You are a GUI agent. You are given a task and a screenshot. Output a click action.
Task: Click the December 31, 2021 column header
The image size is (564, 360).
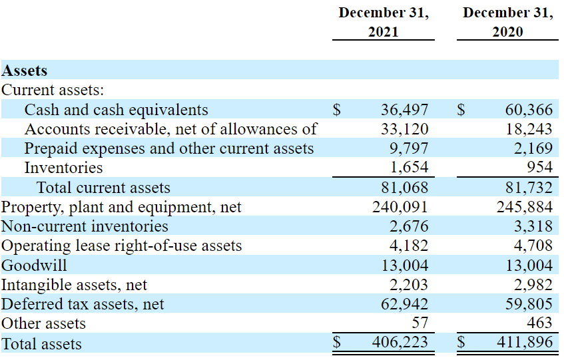[383, 22]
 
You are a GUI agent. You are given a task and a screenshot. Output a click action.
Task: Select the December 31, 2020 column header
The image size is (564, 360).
[507, 22]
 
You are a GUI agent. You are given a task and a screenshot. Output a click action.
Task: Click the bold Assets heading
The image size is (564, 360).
[25, 71]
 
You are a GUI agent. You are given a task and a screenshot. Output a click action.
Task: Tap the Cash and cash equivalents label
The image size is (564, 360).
[116, 110]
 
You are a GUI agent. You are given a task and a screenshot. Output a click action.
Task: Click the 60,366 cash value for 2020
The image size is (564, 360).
[529, 110]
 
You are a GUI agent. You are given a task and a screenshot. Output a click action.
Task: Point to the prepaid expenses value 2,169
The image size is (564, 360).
[534, 148]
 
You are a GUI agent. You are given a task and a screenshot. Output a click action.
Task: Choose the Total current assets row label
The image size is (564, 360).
[103, 188]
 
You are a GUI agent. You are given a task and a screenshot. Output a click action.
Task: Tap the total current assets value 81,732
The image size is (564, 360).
[529, 188]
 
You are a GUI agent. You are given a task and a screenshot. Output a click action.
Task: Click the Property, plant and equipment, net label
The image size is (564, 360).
[121, 207]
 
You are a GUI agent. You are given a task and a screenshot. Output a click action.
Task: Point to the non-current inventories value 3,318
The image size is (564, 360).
[534, 226]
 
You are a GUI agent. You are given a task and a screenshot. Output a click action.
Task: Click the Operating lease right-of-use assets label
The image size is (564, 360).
[121, 246]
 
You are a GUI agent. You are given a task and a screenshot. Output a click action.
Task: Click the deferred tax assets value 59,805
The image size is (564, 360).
[529, 305]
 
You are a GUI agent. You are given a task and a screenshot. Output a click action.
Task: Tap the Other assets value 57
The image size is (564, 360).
[420, 324]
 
